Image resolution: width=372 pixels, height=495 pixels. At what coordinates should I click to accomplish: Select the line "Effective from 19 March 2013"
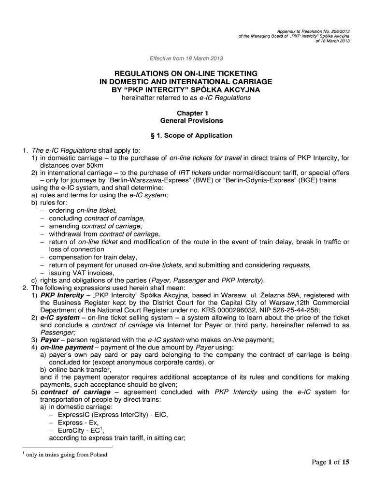tap(186, 59)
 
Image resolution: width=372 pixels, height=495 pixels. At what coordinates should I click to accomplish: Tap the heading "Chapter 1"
tap(186, 113)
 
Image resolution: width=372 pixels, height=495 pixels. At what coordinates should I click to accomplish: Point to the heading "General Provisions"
tap(186, 120)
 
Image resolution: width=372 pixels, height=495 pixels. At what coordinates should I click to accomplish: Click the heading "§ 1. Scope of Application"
tap(186, 135)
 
